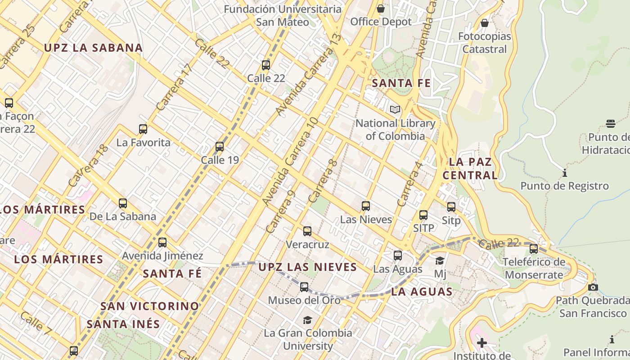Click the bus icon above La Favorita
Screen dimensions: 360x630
point(143,129)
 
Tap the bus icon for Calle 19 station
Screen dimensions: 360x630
point(220,147)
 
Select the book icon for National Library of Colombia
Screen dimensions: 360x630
point(395,109)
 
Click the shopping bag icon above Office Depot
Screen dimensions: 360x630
point(381,9)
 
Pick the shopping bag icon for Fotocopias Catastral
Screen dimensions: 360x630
point(485,23)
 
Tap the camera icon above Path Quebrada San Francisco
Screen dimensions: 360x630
point(593,287)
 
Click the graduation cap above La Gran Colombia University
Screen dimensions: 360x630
point(307,320)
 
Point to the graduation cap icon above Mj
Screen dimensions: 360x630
point(440,261)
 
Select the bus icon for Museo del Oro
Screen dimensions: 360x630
point(304,287)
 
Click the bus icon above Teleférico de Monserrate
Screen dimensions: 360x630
point(534,248)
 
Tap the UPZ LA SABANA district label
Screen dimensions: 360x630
point(93,48)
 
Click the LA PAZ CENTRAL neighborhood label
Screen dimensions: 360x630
point(470,168)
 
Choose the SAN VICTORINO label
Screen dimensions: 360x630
point(150,306)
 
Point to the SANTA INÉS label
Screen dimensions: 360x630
point(123,324)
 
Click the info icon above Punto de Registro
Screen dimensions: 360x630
point(564,173)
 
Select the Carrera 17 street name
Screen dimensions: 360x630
point(175,87)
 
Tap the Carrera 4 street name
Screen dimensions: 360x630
point(410,184)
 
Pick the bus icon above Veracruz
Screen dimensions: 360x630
point(307,231)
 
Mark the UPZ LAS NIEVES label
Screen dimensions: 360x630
point(308,267)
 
